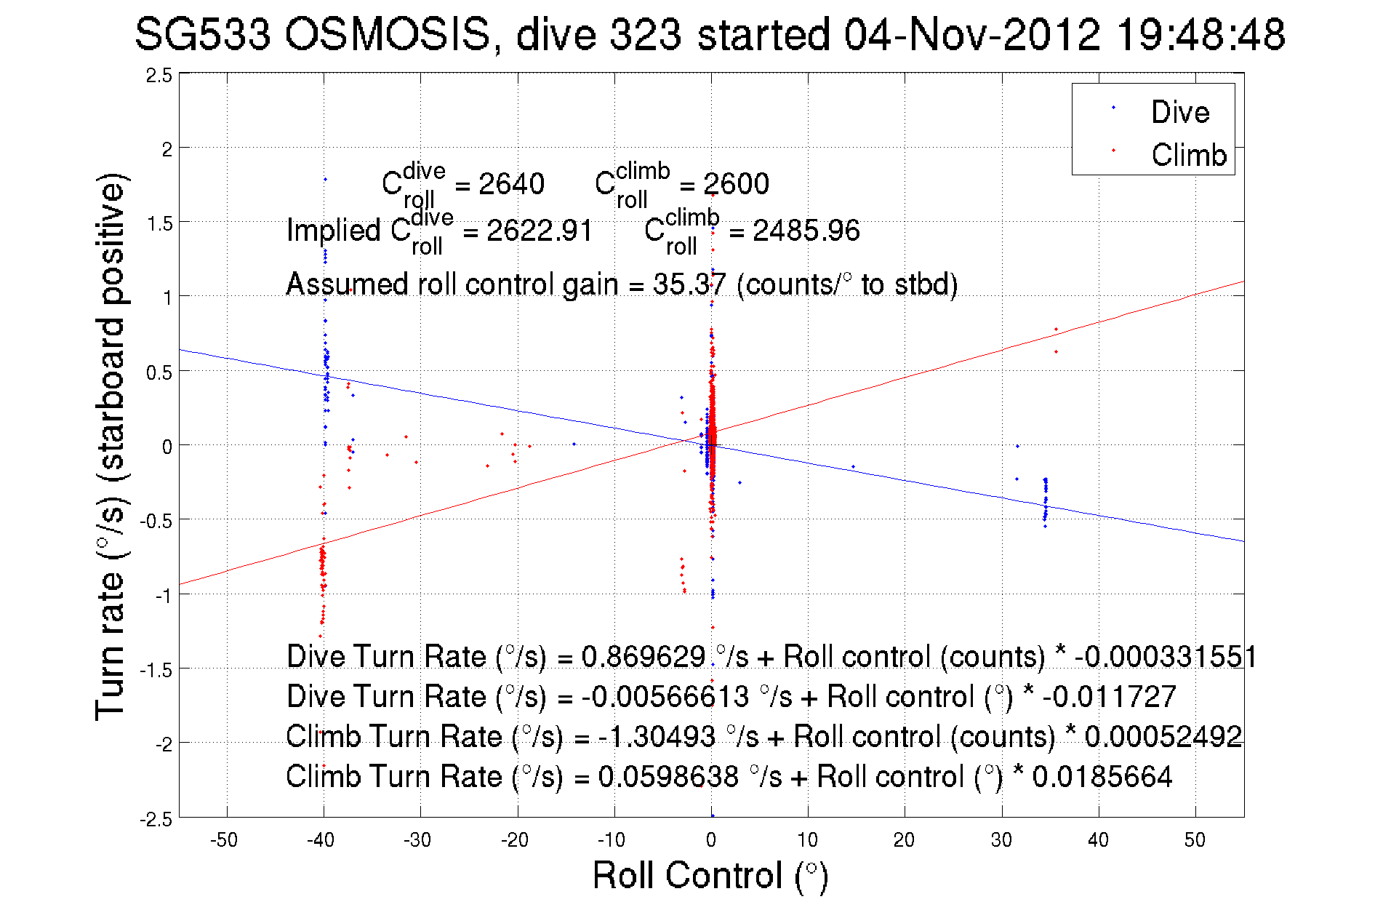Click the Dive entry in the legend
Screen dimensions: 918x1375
[x=1179, y=112]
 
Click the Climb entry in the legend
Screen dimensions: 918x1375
[x=1188, y=155]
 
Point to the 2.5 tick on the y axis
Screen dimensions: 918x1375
[x=159, y=76]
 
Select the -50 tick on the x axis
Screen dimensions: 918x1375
[x=224, y=840]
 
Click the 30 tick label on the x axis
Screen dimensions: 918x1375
[x=1001, y=840]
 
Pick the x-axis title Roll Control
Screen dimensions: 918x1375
[x=710, y=875]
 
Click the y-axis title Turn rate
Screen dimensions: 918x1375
[x=111, y=447]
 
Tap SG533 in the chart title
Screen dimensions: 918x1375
[x=203, y=34]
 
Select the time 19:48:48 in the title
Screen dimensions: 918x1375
[x=1200, y=34]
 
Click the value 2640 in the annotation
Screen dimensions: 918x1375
[x=511, y=184]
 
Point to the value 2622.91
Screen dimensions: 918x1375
[x=539, y=231]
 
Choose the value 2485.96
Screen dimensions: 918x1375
[x=806, y=231]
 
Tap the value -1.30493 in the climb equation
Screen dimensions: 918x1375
[x=657, y=736]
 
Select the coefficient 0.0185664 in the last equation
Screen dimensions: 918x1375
[x=1102, y=776]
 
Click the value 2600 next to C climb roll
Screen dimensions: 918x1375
[x=736, y=184]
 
